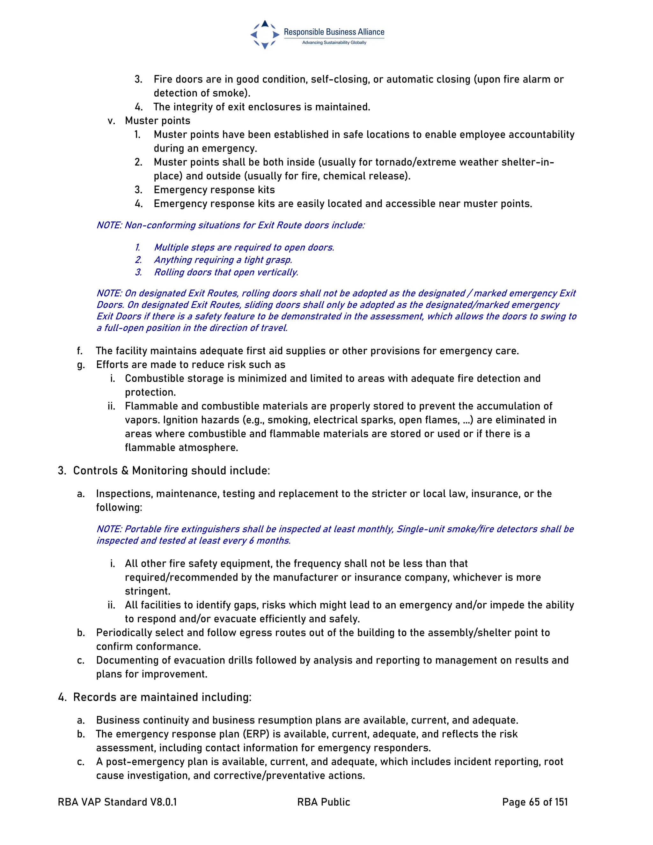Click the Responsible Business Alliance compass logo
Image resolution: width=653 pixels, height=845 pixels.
click(x=265, y=35)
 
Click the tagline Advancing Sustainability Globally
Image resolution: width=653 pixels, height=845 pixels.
click(x=334, y=42)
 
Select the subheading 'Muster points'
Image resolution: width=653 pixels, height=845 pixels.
click(x=158, y=121)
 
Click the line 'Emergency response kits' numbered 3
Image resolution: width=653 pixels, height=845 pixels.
click(x=214, y=190)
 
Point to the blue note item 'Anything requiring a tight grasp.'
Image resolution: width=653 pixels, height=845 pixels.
click(x=223, y=260)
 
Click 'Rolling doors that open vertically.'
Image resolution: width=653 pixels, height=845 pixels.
click(x=226, y=272)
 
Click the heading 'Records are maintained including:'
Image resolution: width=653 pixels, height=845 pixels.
click(x=162, y=697)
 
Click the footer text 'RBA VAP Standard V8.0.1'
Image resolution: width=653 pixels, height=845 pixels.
click(x=117, y=802)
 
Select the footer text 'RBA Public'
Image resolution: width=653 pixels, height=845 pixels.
click(x=323, y=802)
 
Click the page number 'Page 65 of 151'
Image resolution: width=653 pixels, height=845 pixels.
click(x=535, y=802)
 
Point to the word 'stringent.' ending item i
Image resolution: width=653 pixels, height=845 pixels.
click(x=147, y=591)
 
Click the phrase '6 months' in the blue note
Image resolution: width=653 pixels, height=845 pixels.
click(x=270, y=540)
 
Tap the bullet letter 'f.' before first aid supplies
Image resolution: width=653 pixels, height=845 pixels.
click(x=80, y=351)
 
